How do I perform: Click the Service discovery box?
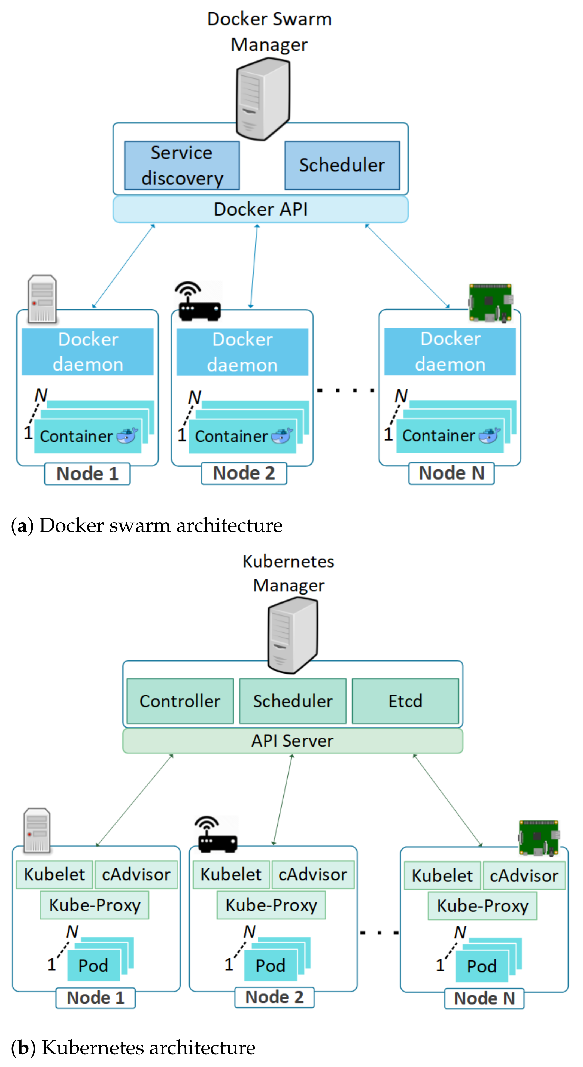[x=182, y=166]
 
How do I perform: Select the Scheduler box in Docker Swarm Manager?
[x=342, y=166]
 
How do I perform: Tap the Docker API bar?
[x=260, y=209]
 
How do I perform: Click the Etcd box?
[x=405, y=701]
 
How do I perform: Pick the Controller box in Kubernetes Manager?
[x=180, y=701]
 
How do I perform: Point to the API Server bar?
[x=292, y=741]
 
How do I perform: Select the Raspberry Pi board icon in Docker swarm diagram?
[x=491, y=303]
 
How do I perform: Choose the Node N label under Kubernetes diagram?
[x=484, y=999]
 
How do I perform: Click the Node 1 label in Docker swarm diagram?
[x=87, y=474]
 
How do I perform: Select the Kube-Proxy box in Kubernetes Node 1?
[x=95, y=905]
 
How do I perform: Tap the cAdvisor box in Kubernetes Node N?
[x=524, y=876]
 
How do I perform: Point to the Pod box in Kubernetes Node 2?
[x=270, y=966]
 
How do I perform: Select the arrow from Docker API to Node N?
[x=407, y=266]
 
